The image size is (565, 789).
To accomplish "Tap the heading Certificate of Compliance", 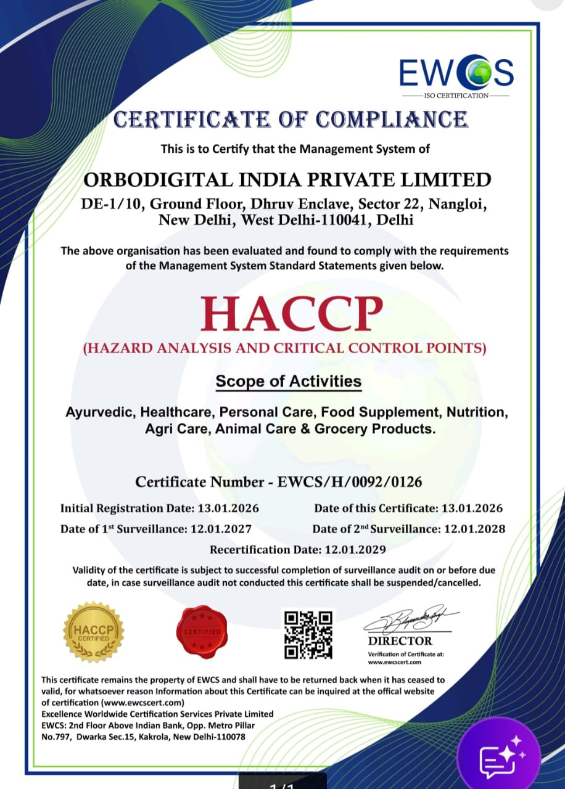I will (291, 119).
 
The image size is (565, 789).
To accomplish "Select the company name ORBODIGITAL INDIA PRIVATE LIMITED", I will (287, 180).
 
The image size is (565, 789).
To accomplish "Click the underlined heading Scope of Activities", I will (288, 382).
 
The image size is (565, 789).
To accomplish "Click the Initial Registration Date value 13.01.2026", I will (228, 509).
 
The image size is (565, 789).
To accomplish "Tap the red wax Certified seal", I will (202, 632).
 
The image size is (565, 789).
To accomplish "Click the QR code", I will (308, 634).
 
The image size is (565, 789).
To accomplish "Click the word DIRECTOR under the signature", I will (400, 641).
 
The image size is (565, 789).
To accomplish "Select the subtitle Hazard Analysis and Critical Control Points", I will (284, 348).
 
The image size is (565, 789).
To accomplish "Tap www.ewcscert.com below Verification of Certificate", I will (394, 662).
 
